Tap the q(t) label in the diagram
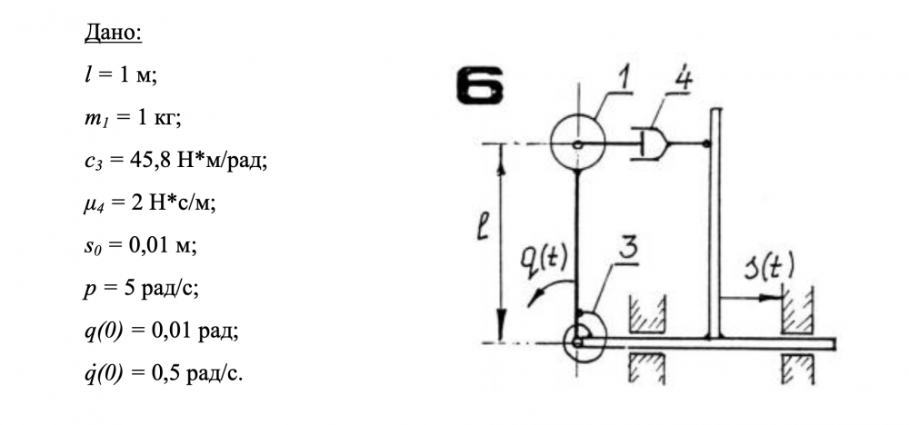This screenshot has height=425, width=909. click(x=550, y=258)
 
